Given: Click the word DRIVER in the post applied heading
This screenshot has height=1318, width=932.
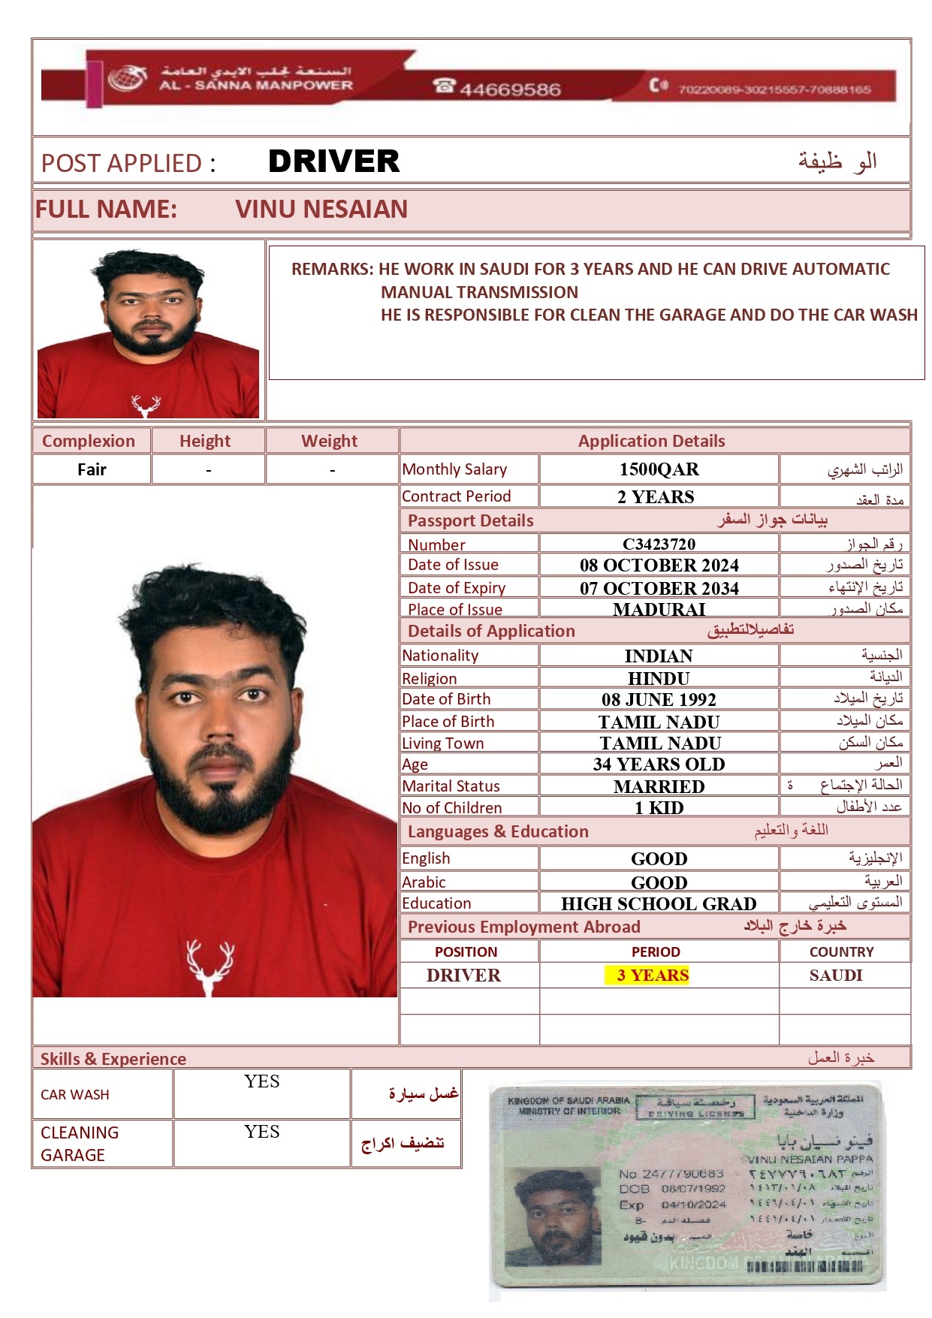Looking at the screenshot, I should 333,161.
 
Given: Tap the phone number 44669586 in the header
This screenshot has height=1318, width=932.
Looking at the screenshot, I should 510,90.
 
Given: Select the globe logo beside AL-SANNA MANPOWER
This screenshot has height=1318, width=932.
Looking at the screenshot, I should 127,78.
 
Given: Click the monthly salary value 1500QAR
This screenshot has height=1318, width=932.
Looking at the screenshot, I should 659,469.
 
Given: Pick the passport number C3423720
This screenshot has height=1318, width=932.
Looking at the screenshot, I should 659,544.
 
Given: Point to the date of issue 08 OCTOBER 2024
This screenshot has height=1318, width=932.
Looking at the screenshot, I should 659,566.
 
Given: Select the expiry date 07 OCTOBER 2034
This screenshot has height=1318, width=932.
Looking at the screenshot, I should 659,588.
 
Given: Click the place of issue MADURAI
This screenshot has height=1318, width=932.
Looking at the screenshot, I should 659,609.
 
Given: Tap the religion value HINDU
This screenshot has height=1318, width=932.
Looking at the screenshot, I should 659,678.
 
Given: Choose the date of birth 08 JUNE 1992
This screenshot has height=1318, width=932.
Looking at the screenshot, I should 659,700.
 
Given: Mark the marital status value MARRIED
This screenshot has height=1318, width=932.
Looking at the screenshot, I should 659,786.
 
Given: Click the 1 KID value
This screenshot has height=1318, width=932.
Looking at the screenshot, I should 659,808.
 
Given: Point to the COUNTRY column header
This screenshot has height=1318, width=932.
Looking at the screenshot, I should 841,952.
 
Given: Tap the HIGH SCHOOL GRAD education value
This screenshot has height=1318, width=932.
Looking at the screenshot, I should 659,903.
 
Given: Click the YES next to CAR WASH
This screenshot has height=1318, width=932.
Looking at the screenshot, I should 261,1081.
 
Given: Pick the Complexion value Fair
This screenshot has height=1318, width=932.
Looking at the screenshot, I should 92,470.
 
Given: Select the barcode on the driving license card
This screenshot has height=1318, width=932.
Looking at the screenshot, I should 804,1266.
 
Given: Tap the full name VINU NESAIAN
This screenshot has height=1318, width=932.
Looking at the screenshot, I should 321,209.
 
